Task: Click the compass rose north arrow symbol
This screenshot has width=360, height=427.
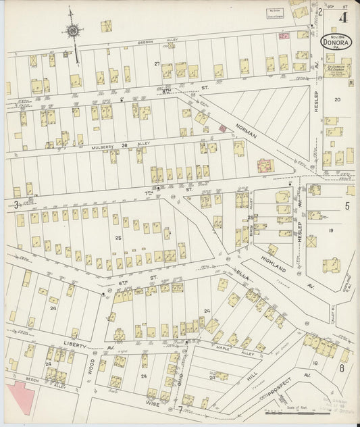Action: [x=72, y=30]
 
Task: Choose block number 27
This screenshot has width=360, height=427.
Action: [x=157, y=64]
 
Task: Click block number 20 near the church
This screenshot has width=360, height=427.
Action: [x=337, y=100]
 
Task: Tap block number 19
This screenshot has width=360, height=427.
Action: [x=332, y=230]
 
